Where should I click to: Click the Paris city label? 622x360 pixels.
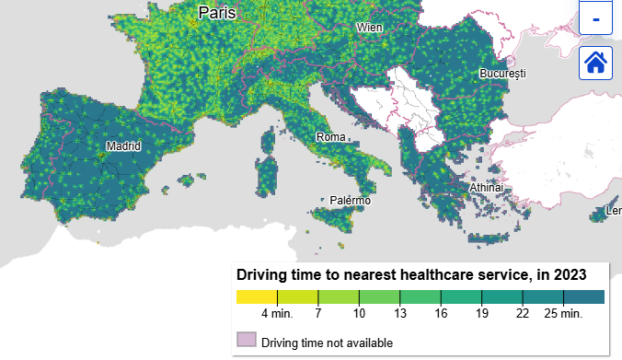point(217,13)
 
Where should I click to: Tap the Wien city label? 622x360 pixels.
point(369,28)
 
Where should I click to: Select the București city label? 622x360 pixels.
point(501,73)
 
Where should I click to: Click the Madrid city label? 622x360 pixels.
point(123,145)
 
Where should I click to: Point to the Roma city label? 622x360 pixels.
point(330,137)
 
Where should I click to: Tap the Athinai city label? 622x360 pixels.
point(487,188)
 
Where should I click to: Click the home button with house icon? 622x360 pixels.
point(595,63)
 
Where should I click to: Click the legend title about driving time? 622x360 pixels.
point(411,274)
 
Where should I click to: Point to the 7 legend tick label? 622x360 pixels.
point(318,315)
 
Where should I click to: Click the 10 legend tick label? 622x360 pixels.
point(359,315)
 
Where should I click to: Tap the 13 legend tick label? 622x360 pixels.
point(399,315)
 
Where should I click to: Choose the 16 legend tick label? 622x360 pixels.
point(441,315)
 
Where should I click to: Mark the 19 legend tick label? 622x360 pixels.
point(481,315)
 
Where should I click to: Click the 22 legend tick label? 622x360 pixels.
point(523,315)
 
